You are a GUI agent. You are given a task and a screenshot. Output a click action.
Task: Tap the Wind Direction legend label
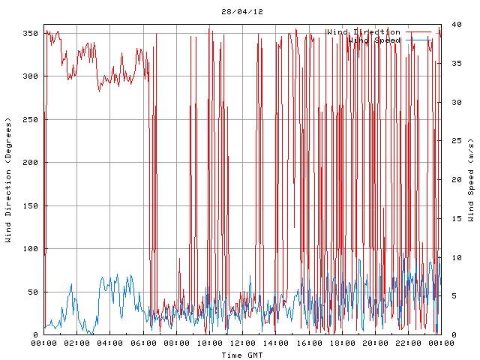(363, 32)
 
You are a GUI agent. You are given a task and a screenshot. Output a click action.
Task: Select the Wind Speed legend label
(376, 40)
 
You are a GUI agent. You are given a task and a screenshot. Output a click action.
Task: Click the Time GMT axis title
(242, 355)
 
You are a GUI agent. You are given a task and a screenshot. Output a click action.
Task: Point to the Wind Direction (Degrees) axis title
(8, 180)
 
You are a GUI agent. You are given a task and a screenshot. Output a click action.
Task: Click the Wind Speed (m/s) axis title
(471, 180)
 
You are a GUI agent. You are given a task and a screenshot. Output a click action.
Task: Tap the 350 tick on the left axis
(31, 34)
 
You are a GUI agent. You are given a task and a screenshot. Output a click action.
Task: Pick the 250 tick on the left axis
(31, 120)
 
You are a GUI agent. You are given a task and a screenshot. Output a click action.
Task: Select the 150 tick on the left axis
(31, 206)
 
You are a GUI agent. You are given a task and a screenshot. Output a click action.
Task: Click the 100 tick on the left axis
(31, 249)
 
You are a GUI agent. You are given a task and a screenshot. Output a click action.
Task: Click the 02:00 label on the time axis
(77, 343)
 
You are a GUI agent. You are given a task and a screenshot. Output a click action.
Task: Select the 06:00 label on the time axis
(143, 343)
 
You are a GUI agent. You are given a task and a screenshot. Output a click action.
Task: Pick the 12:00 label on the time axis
(242, 343)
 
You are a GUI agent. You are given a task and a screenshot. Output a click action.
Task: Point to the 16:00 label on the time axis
(308, 343)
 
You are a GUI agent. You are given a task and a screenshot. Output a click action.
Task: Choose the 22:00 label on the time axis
(407, 343)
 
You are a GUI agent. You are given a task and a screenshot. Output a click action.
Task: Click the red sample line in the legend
(419, 32)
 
